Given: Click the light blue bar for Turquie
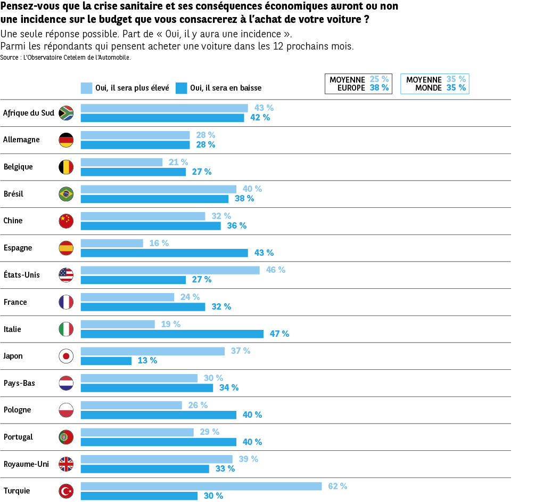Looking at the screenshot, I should (201, 486).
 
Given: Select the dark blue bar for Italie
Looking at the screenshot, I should (172, 334).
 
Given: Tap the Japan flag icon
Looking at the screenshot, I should (66, 356).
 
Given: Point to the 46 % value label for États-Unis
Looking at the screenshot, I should (276, 270).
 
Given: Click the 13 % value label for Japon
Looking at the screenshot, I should (147, 361).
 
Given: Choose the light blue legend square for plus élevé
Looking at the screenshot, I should (86, 88).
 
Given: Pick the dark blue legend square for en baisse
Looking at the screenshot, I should (181, 88).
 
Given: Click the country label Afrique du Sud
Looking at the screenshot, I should (29, 112).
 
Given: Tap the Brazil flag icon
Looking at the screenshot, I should (66, 194).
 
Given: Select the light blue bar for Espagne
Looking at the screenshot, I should (112, 243).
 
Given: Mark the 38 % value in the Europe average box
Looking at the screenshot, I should (379, 88).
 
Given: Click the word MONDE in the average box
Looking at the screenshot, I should (429, 88).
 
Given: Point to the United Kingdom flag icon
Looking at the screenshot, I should (66, 464).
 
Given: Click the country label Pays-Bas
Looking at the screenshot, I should (19, 383).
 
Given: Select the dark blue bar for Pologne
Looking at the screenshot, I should (159, 415).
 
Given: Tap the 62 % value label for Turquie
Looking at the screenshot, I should (338, 486).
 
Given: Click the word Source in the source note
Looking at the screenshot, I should (9, 58).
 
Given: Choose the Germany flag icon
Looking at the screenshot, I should (66, 140).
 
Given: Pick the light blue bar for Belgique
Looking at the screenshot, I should (121, 162).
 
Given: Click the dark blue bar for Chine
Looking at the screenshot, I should (151, 225).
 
